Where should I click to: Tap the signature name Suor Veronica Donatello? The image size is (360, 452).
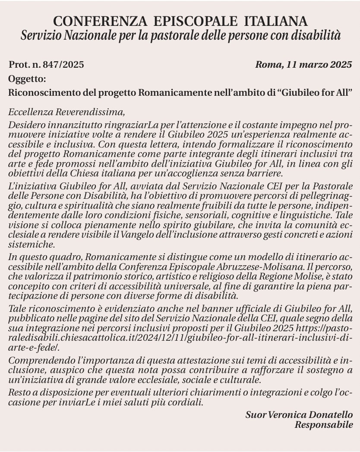(299, 415)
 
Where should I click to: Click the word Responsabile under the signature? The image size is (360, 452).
(324, 425)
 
